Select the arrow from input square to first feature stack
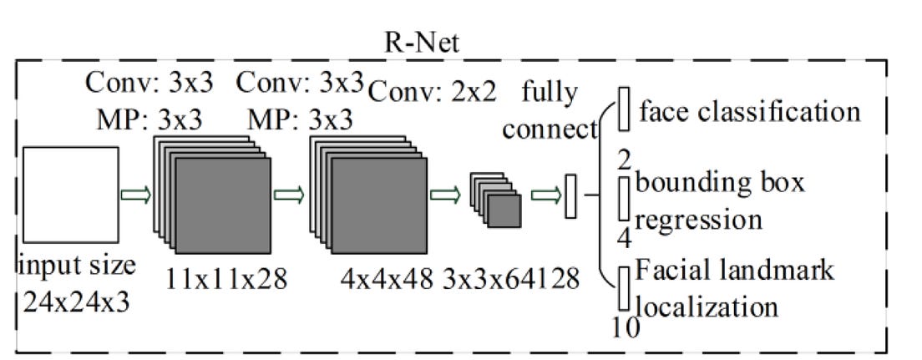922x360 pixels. [x=134, y=195]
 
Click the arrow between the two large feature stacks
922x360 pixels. [x=289, y=195]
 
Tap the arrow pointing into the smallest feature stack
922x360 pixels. [x=444, y=195]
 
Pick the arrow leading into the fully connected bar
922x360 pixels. [x=547, y=195]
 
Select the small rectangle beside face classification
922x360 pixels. [x=623, y=110]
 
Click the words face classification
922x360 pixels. [x=748, y=111]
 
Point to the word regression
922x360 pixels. [x=699, y=219]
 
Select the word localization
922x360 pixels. [x=707, y=306]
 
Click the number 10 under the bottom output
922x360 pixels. [x=625, y=327]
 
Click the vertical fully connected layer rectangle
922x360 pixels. [x=571, y=196]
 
